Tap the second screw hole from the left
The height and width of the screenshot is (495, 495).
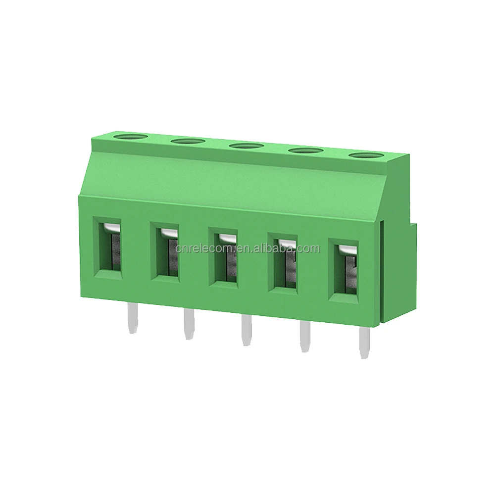188,142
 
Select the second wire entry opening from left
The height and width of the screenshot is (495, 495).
166,253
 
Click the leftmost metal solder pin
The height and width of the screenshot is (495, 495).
132,319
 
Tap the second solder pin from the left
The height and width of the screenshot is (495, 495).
188,325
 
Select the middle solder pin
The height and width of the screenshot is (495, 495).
246,331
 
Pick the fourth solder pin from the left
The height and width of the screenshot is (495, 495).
303,338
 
